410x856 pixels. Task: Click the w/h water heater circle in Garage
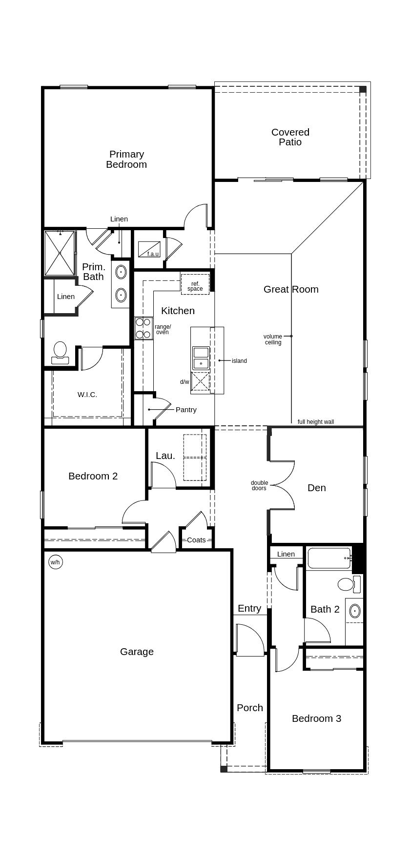coord(56,562)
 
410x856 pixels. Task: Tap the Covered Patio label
coord(290,137)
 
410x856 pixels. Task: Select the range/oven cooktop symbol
coord(143,328)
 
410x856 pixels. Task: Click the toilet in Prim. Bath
coord(60,353)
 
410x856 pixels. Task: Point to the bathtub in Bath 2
coord(329,558)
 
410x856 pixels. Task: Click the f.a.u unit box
coord(149,249)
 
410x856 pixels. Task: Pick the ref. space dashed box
coord(195,284)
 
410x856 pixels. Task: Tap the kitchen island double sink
coord(201,358)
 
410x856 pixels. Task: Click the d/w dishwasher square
coord(200,382)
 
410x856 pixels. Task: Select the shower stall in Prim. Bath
coord(60,253)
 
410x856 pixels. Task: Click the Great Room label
coord(291,289)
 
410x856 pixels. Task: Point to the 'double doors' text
coord(259,485)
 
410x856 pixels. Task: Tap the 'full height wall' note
coord(316,422)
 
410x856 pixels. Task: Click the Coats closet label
coord(196,540)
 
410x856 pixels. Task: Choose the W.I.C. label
coord(87,395)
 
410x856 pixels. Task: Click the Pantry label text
coord(186,410)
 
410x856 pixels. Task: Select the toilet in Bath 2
coord(347,584)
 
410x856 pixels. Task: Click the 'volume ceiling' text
coord(273,339)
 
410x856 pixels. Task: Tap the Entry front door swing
coord(249,639)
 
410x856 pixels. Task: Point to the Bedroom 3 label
coord(316,718)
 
